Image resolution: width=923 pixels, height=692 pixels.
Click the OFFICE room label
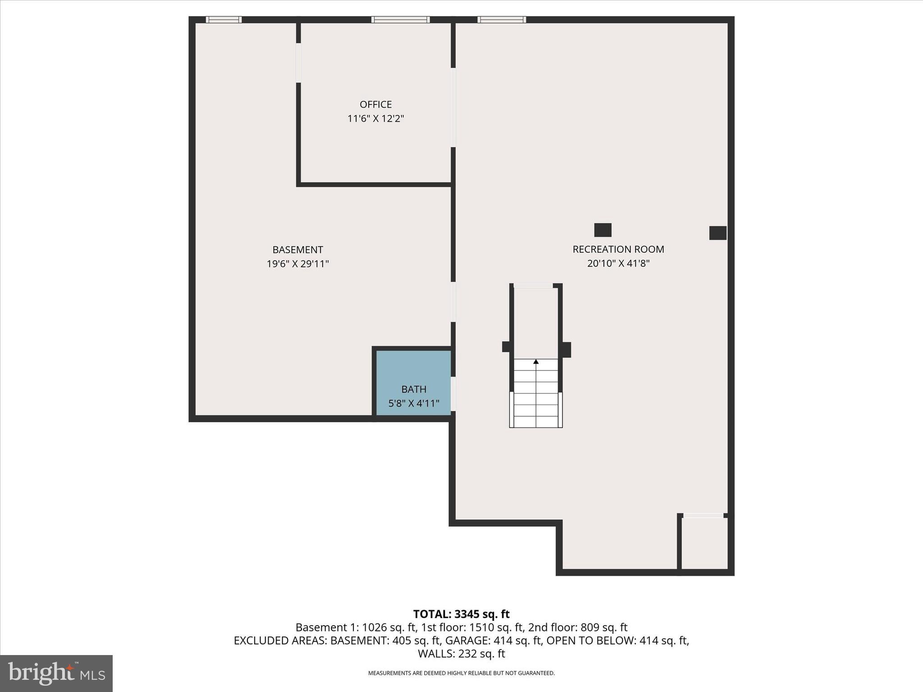[x=375, y=105]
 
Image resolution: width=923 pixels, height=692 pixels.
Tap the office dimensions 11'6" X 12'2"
[x=375, y=119]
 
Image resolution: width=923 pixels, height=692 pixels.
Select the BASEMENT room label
[x=297, y=250]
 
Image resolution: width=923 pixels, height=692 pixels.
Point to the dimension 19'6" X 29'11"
[x=297, y=264]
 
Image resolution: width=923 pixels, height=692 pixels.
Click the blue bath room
[x=413, y=369]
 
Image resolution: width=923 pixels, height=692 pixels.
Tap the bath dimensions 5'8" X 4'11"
[x=413, y=404]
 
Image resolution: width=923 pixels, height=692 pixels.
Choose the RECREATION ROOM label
[x=618, y=249]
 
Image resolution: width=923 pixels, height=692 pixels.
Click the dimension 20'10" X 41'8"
[x=618, y=264]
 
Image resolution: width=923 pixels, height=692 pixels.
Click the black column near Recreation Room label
[x=603, y=230]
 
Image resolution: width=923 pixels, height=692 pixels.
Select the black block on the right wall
[x=717, y=233]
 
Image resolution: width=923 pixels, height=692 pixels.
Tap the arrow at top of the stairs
[x=536, y=361]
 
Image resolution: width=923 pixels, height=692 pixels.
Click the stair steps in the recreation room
[x=536, y=396]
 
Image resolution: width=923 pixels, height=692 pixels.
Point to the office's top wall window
[x=400, y=20]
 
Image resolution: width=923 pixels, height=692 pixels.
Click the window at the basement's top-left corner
[x=224, y=20]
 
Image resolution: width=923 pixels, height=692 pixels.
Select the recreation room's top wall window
[x=502, y=20]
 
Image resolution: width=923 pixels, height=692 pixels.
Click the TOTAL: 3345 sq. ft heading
[x=461, y=614]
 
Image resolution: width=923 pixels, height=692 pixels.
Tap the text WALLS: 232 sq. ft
[x=461, y=654]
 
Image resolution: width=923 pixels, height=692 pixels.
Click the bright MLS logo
[x=56, y=673]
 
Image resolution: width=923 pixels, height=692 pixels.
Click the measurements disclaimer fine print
[x=461, y=673]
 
